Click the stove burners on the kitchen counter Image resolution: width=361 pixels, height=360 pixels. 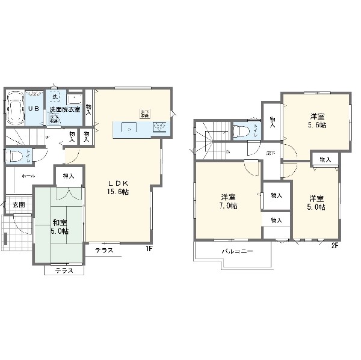(x=161, y=126)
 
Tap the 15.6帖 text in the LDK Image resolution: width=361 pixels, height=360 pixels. (x=119, y=192)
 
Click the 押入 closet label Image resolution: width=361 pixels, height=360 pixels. (x=69, y=175)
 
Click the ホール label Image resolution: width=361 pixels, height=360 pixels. (x=28, y=176)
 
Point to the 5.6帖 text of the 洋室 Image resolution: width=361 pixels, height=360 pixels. (x=318, y=126)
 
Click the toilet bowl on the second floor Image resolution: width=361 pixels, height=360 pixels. (x=240, y=132)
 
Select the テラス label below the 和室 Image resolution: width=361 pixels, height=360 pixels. (x=64, y=270)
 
